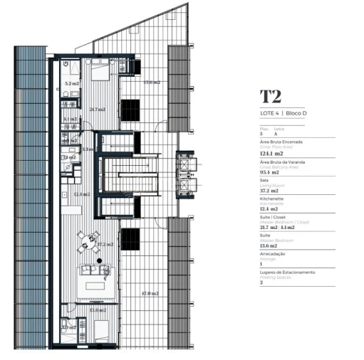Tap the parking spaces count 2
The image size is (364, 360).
pyautogui.click(x=261, y=282)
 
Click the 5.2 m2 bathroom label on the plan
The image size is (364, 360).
pyautogui.click(x=71, y=84)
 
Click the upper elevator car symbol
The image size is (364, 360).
pyautogui.click(x=185, y=163)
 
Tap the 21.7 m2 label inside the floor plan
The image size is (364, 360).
pyautogui.click(x=98, y=110)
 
